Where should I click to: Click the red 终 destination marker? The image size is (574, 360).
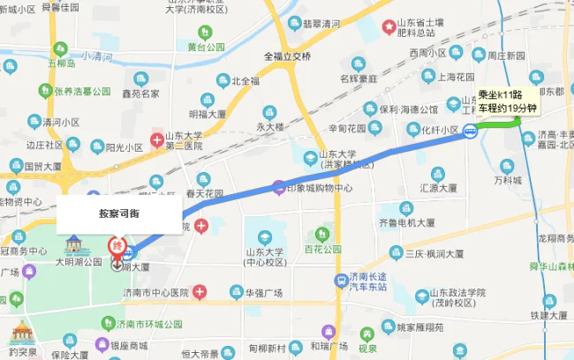pos(116,246)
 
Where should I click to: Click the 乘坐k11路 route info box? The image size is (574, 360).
pos(506,101)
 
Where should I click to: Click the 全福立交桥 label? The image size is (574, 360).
pos(287,56)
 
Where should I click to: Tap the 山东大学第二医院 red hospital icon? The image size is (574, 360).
pos(156,139)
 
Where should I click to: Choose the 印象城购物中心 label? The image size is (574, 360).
pos(322,188)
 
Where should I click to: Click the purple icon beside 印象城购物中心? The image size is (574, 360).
pos(278,187)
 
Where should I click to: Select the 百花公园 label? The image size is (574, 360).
pos(322,250)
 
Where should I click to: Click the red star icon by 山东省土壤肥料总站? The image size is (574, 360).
pos(389,27)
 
